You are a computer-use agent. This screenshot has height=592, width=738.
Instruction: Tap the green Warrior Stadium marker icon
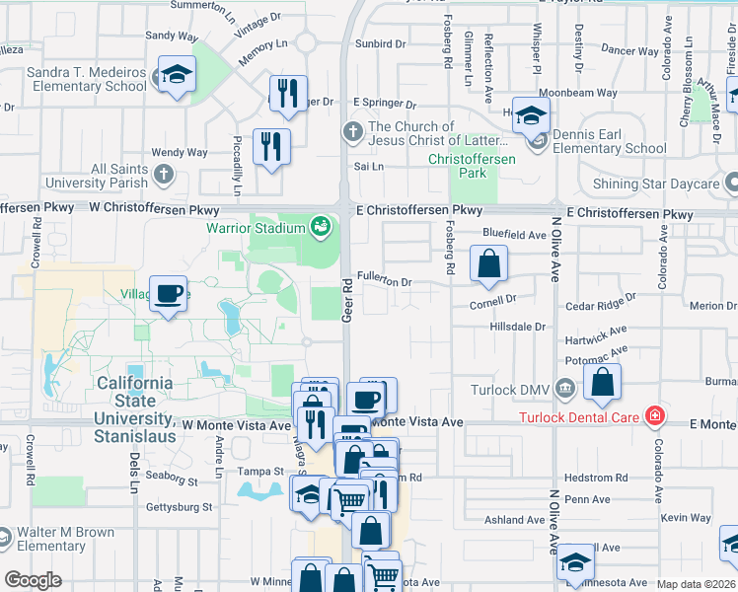click(x=321, y=229)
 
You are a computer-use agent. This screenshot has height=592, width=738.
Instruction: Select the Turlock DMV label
click(x=509, y=387)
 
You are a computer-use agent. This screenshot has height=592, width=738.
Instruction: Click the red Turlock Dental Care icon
click(x=653, y=416)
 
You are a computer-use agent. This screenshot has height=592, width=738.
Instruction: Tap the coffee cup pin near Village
click(x=168, y=293)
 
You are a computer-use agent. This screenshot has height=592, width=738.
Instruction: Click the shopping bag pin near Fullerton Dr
click(x=488, y=263)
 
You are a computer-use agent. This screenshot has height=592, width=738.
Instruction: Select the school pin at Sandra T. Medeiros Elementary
click(x=177, y=74)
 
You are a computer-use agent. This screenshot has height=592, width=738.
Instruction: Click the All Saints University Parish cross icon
click(x=164, y=176)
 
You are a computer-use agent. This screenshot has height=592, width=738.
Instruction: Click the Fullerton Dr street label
click(x=384, y=280)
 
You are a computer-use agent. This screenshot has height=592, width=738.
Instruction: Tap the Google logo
click(x=33, y=580)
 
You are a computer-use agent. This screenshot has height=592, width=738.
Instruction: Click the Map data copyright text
click(x=697, y=585)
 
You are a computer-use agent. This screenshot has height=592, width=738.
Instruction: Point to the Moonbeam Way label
click(x=584, y=94)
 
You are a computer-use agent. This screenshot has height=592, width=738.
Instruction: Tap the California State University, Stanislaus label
click(x=134, y=402)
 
